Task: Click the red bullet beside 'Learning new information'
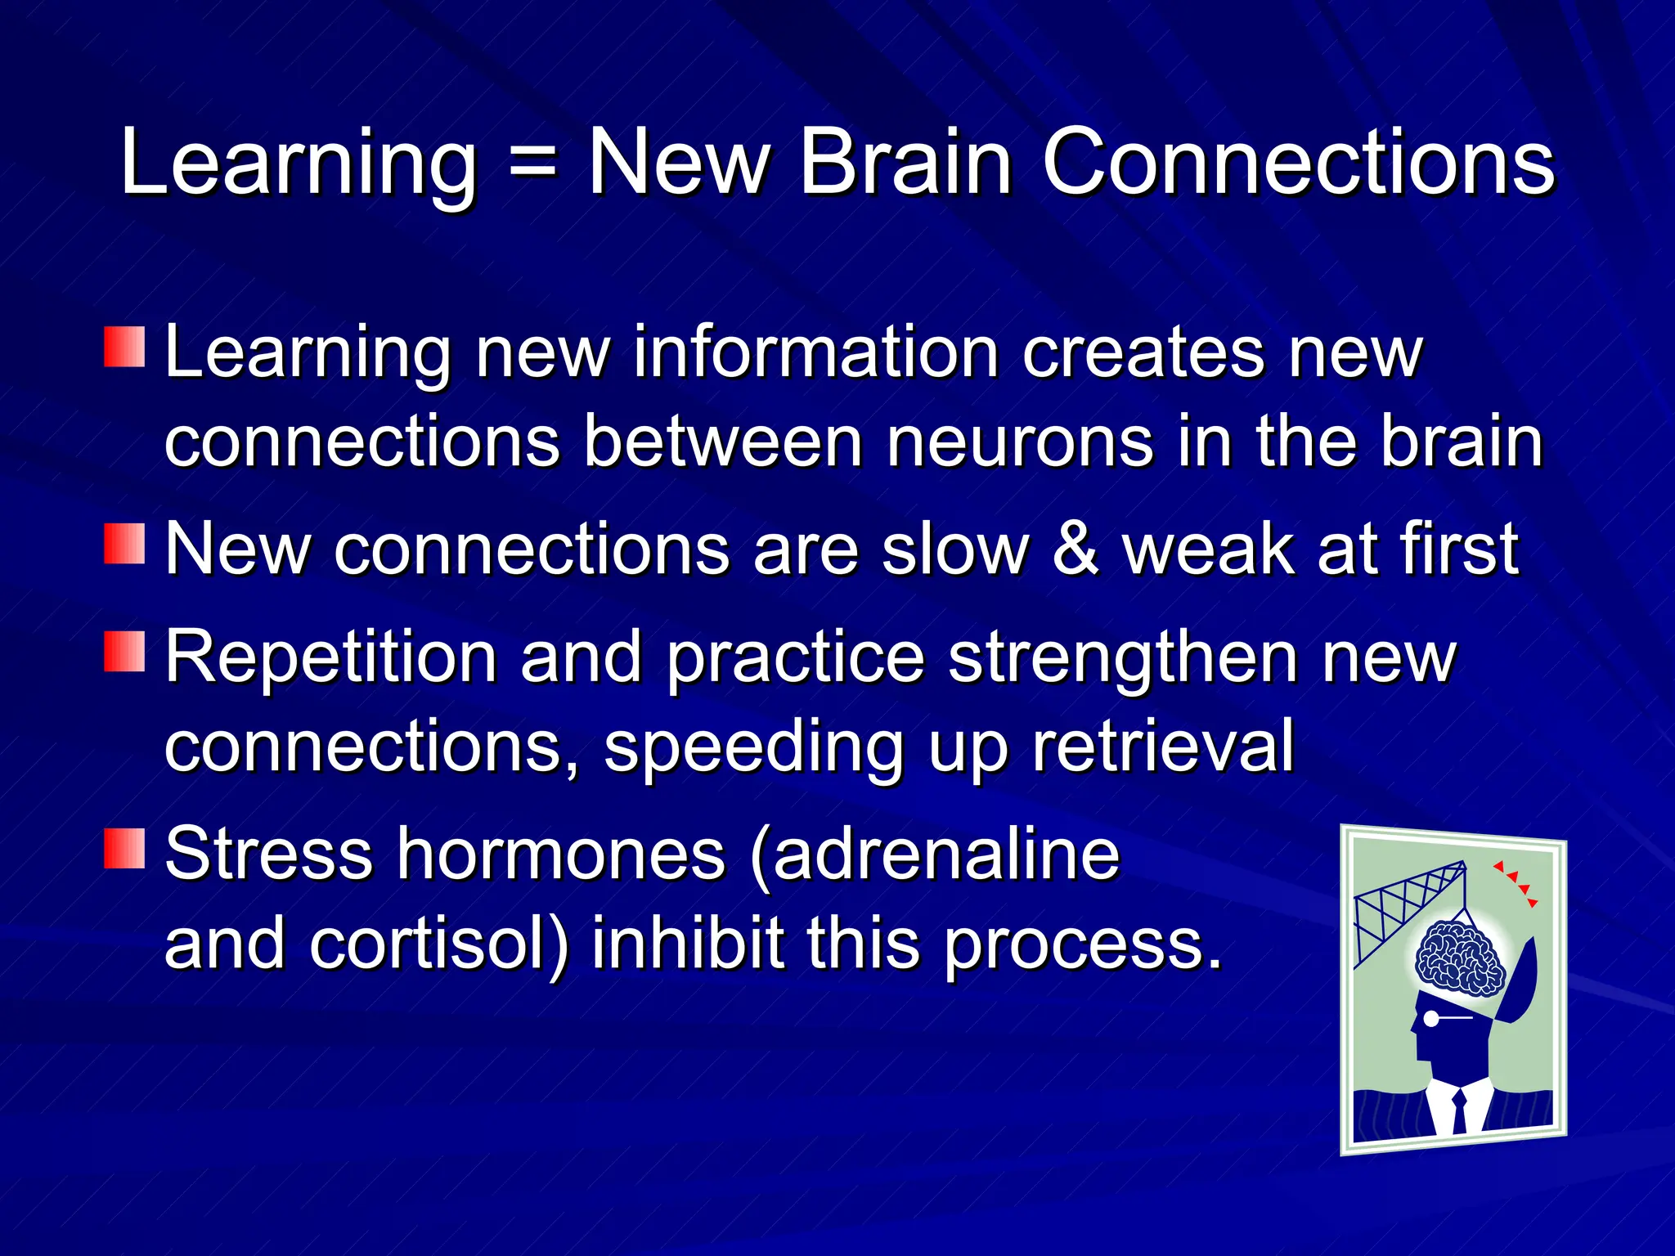pyautogui.click(x=124, y=347)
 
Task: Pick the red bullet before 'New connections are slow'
pyautogui.click(x=124, y=544)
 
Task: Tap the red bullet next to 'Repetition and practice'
pyautogui.click(x=124, y=652)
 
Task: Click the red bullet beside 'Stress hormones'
pyautogui.click(x=124, y=848)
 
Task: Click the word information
pyautogui.click(x=815, y=352)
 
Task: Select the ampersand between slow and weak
pyautogui.click(x=1075, y=549)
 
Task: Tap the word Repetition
pyautogui.click(x=331, y=658)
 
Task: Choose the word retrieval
pyautogui.click(x=1163, y=746)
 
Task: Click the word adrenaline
pyautogui.click(x=946, y=855)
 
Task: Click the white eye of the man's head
pyautogui.click(x=1431, y=1018)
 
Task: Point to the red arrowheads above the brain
pyautogui.click(x=1518, y=882)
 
